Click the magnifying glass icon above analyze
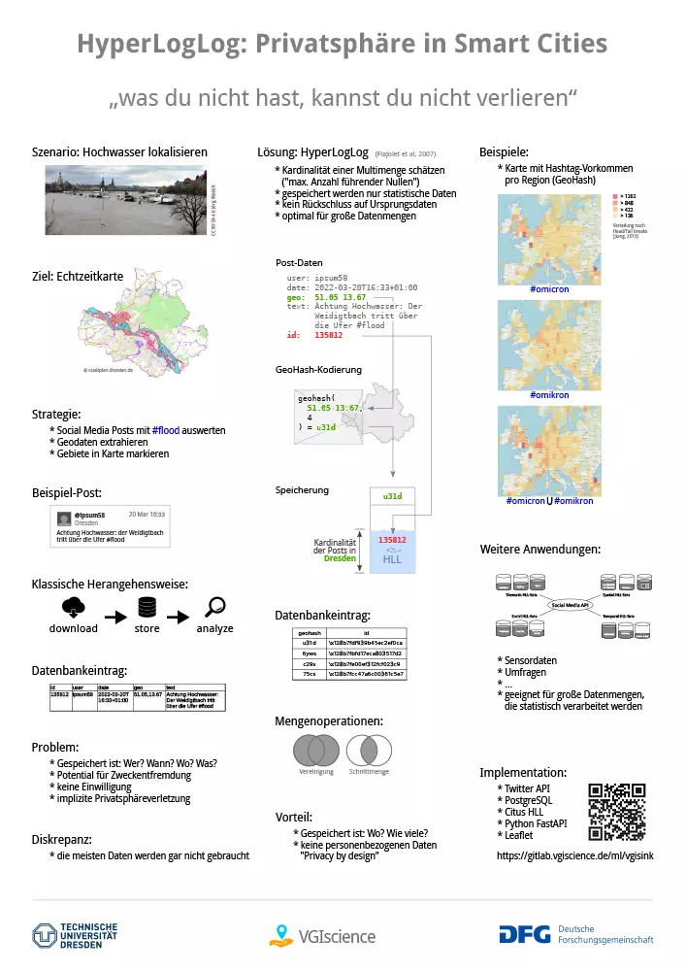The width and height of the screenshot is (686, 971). (x=215, y=608)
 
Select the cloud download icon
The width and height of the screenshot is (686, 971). (x=73, y=608)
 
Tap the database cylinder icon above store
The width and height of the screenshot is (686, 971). (x=147, y=608)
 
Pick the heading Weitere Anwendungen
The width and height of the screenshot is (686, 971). (x=539, y=550)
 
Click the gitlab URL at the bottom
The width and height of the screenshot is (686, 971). (x=574, y=856)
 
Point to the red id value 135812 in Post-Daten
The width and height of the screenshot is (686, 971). (x=328, y=335)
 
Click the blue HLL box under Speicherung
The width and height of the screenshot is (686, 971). (x=392, y=550)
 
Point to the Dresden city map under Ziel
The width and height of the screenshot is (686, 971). (x=130, y=330)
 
